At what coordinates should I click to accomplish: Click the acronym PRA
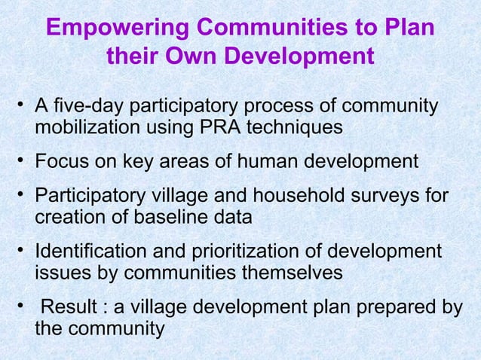(x=223, y=129)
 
